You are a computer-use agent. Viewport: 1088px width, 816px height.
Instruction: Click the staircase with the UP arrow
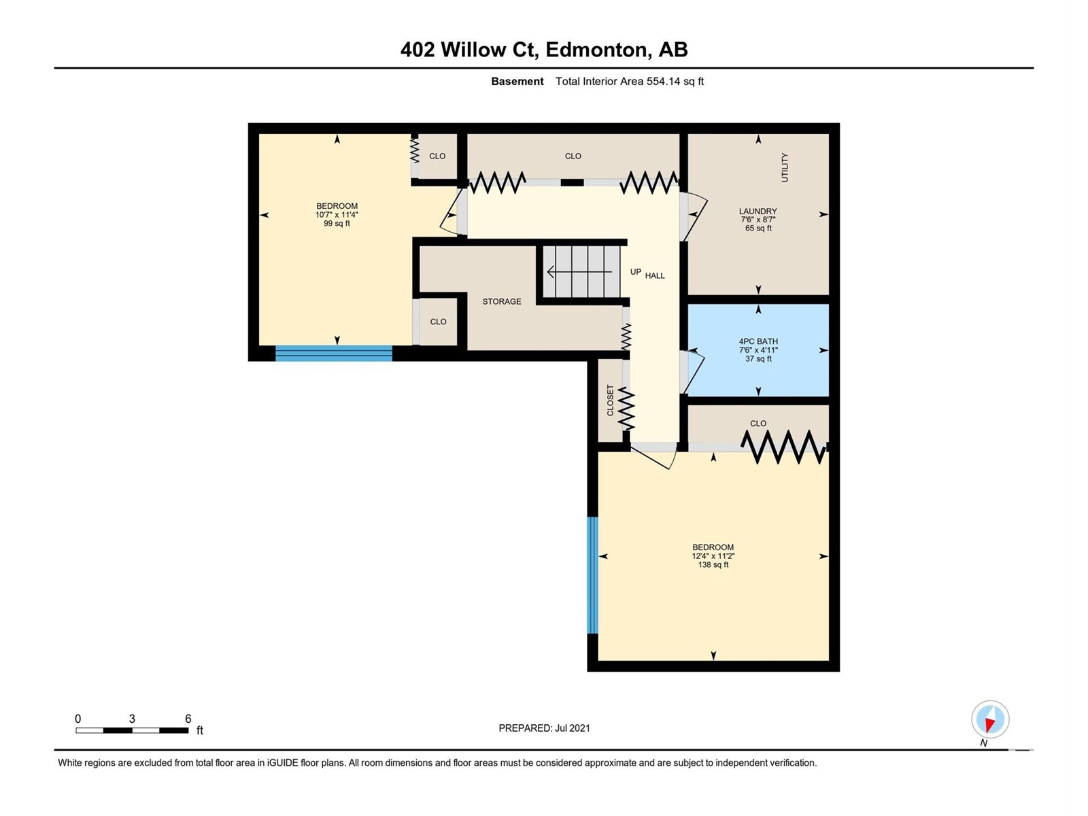click(x=581, y=271)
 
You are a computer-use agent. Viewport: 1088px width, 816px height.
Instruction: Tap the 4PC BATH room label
click(x=758, y=341)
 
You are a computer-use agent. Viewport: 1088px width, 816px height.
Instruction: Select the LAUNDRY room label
click(x=758, y=211)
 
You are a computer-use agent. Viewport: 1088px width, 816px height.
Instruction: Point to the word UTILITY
click(x=784, y=167)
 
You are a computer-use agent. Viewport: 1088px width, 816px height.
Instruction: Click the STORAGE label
click(x=502, y=301)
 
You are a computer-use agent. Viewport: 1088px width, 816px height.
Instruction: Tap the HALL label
click(x=655, y=275)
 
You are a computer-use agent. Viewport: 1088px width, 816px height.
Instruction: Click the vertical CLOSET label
click(x=610, y=401)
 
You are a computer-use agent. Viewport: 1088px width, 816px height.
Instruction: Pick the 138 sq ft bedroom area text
click(x=713, y=564)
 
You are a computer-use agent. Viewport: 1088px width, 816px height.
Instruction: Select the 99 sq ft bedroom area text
click(x=337, y=224)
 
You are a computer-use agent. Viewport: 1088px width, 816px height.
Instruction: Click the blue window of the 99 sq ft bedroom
click(x=334, y=353)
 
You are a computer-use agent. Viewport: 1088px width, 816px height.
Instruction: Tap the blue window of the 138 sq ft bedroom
click(x=592, y=575)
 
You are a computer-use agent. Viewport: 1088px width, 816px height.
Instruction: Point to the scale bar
click(x=132, y=730)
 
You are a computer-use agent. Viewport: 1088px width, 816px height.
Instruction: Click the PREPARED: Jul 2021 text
click(x=544, y=728)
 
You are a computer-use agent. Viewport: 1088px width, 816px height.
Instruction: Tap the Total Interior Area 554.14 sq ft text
click(x=630, y=81)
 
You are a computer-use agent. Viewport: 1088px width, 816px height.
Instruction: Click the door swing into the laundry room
click(x=695, y=216)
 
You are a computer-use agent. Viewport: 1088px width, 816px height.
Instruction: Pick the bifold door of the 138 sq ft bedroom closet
click(x=784, y=447)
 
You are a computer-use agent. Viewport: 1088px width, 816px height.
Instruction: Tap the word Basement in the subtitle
click(x=517, y=81)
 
